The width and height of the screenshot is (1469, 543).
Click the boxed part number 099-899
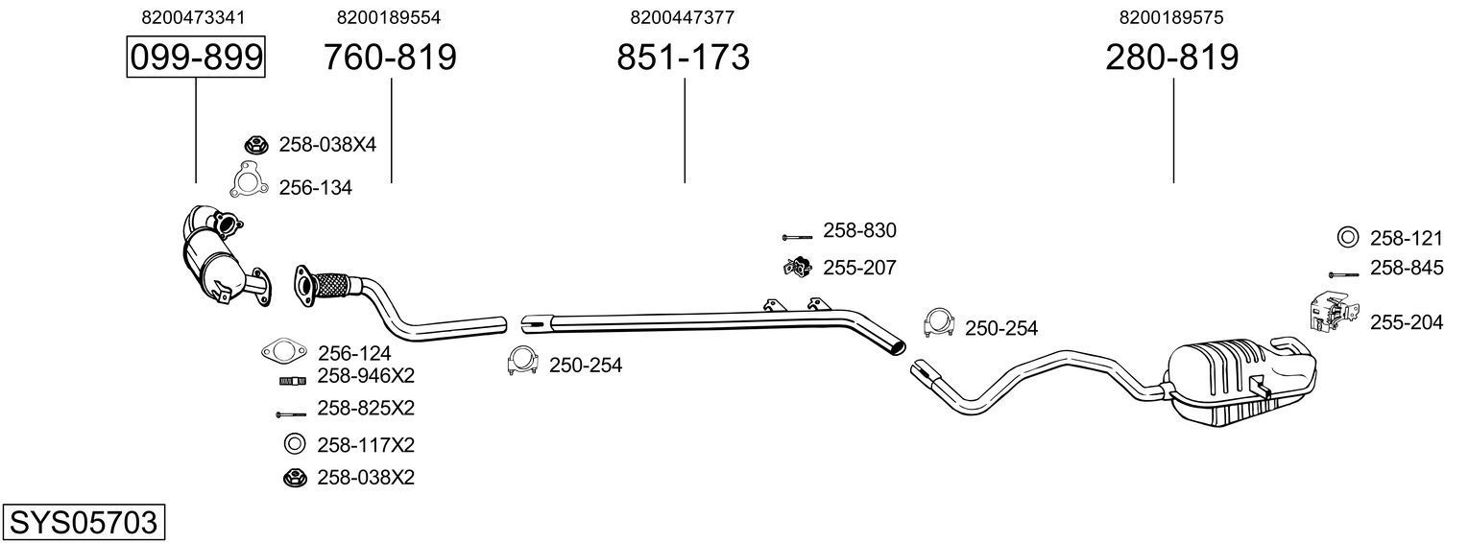(x=196, y=58)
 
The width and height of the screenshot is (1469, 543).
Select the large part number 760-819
(x=390, y=58)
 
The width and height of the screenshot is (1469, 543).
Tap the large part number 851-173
(x=683, y=58)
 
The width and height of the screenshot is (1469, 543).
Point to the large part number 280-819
(x=1171, y=58)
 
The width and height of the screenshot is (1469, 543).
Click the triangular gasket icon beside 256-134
(x=249, y=179)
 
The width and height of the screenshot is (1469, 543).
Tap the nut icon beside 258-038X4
(x=255, y=145)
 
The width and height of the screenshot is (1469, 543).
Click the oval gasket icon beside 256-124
(x=281, y=352)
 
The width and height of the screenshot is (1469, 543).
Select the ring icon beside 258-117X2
(x=294, y=444)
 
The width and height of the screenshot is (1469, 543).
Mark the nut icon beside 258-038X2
(x=294, y=477)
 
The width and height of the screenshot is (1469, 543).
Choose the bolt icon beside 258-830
(x=796, y=235)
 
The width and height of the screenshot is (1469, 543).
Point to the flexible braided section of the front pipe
(x=331, y=285)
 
